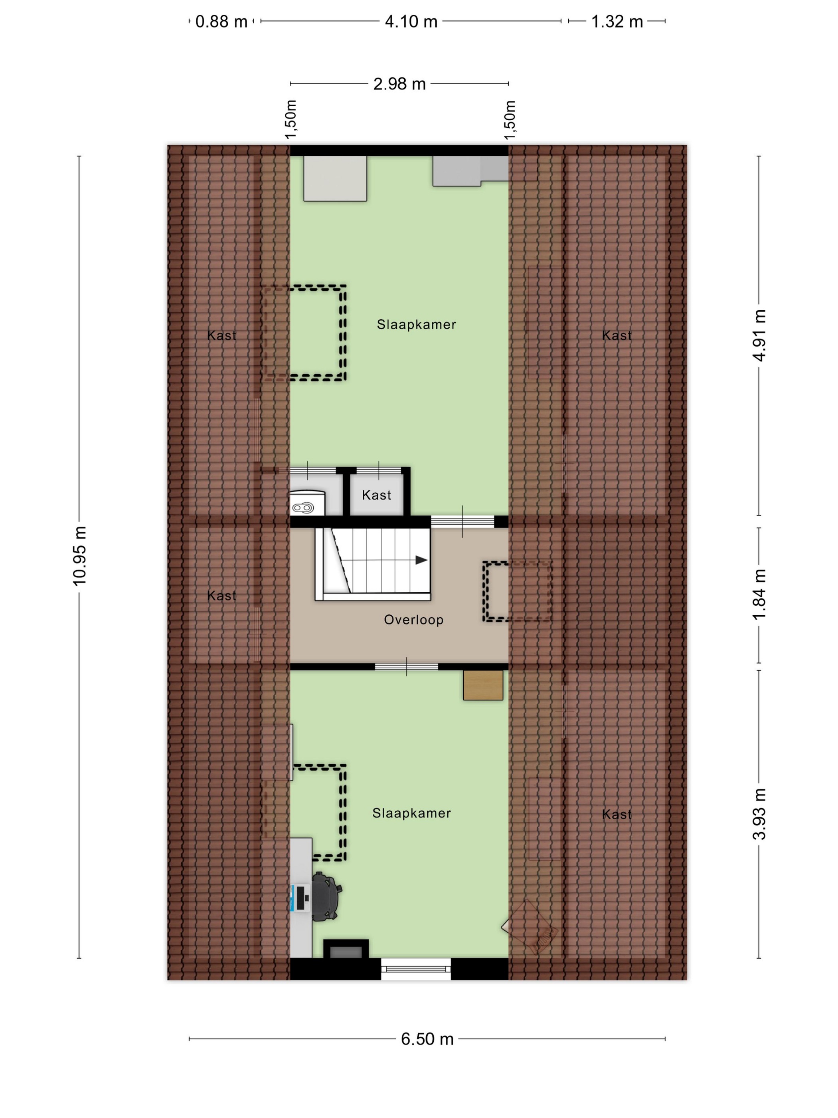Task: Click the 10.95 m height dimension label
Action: click(x=80, y=555)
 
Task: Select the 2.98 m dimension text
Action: click(x=399, y=84)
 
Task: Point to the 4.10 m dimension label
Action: click(x=411, y=22)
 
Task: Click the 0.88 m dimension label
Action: click(x=221, y=22)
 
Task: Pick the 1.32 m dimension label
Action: click(x=617, y=22)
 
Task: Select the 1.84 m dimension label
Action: click(x=759, y=595)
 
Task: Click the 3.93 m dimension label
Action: click(x=759, y=814)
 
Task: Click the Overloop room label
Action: click(x=414, y=620)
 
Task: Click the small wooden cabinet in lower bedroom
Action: click(x=483, y=685)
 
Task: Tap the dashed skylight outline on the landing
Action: click(x=517, y=591)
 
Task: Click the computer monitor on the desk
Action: click(x=300, y=898)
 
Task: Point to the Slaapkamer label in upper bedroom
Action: click(x=416, y=325)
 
